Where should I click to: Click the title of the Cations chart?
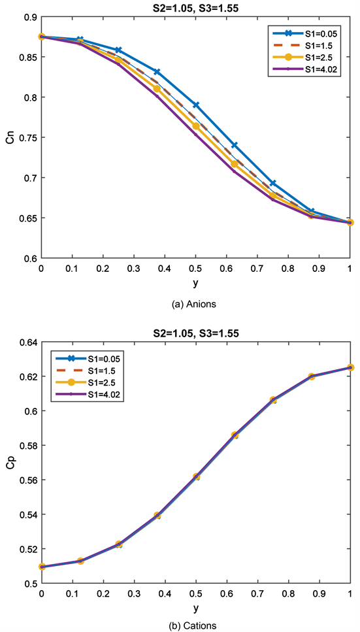196,333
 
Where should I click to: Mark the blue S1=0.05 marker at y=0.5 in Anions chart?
195,105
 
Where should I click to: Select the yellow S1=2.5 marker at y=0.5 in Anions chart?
195,125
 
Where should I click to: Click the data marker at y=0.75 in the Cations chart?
273,399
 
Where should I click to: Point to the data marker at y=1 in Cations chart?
350,367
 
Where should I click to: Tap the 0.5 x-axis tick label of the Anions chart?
195,268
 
